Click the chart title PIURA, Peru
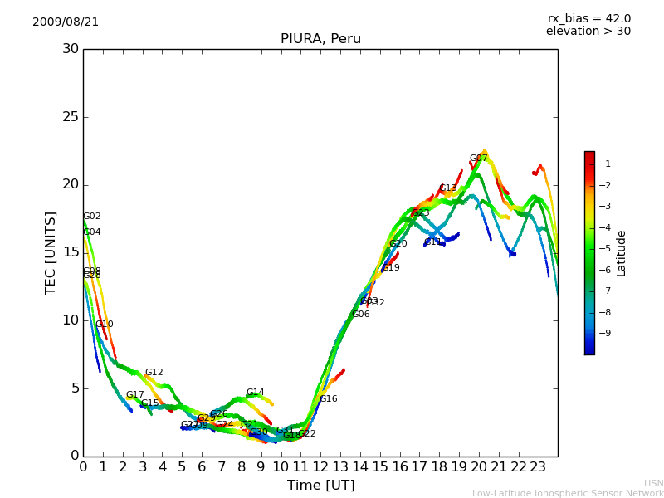coord(320,39)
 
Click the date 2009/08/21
coord(66,22)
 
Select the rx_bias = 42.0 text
coord(588,19)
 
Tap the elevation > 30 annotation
coord(588,32)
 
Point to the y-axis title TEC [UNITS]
coord(51,252)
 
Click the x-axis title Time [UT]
coord(320,486)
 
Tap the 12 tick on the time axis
coord(320,466)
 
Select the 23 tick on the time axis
coord(538,466)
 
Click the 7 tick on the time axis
coord(222,466)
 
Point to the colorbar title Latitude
coord(622,252)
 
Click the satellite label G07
coord(479,159)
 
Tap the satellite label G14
coord(256,393)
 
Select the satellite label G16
coord(329,399)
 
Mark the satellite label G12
coord(154,373)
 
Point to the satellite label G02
coord(92,217)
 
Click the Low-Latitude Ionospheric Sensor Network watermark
coord(568,494)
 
